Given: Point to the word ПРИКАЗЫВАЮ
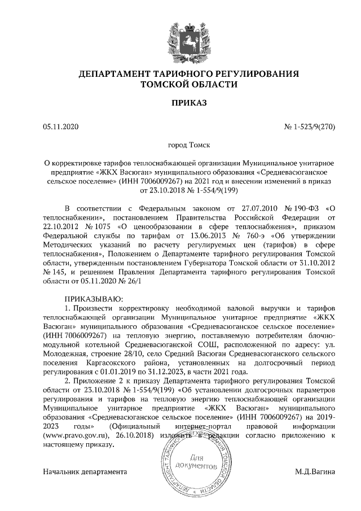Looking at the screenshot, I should tap(93, 298).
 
